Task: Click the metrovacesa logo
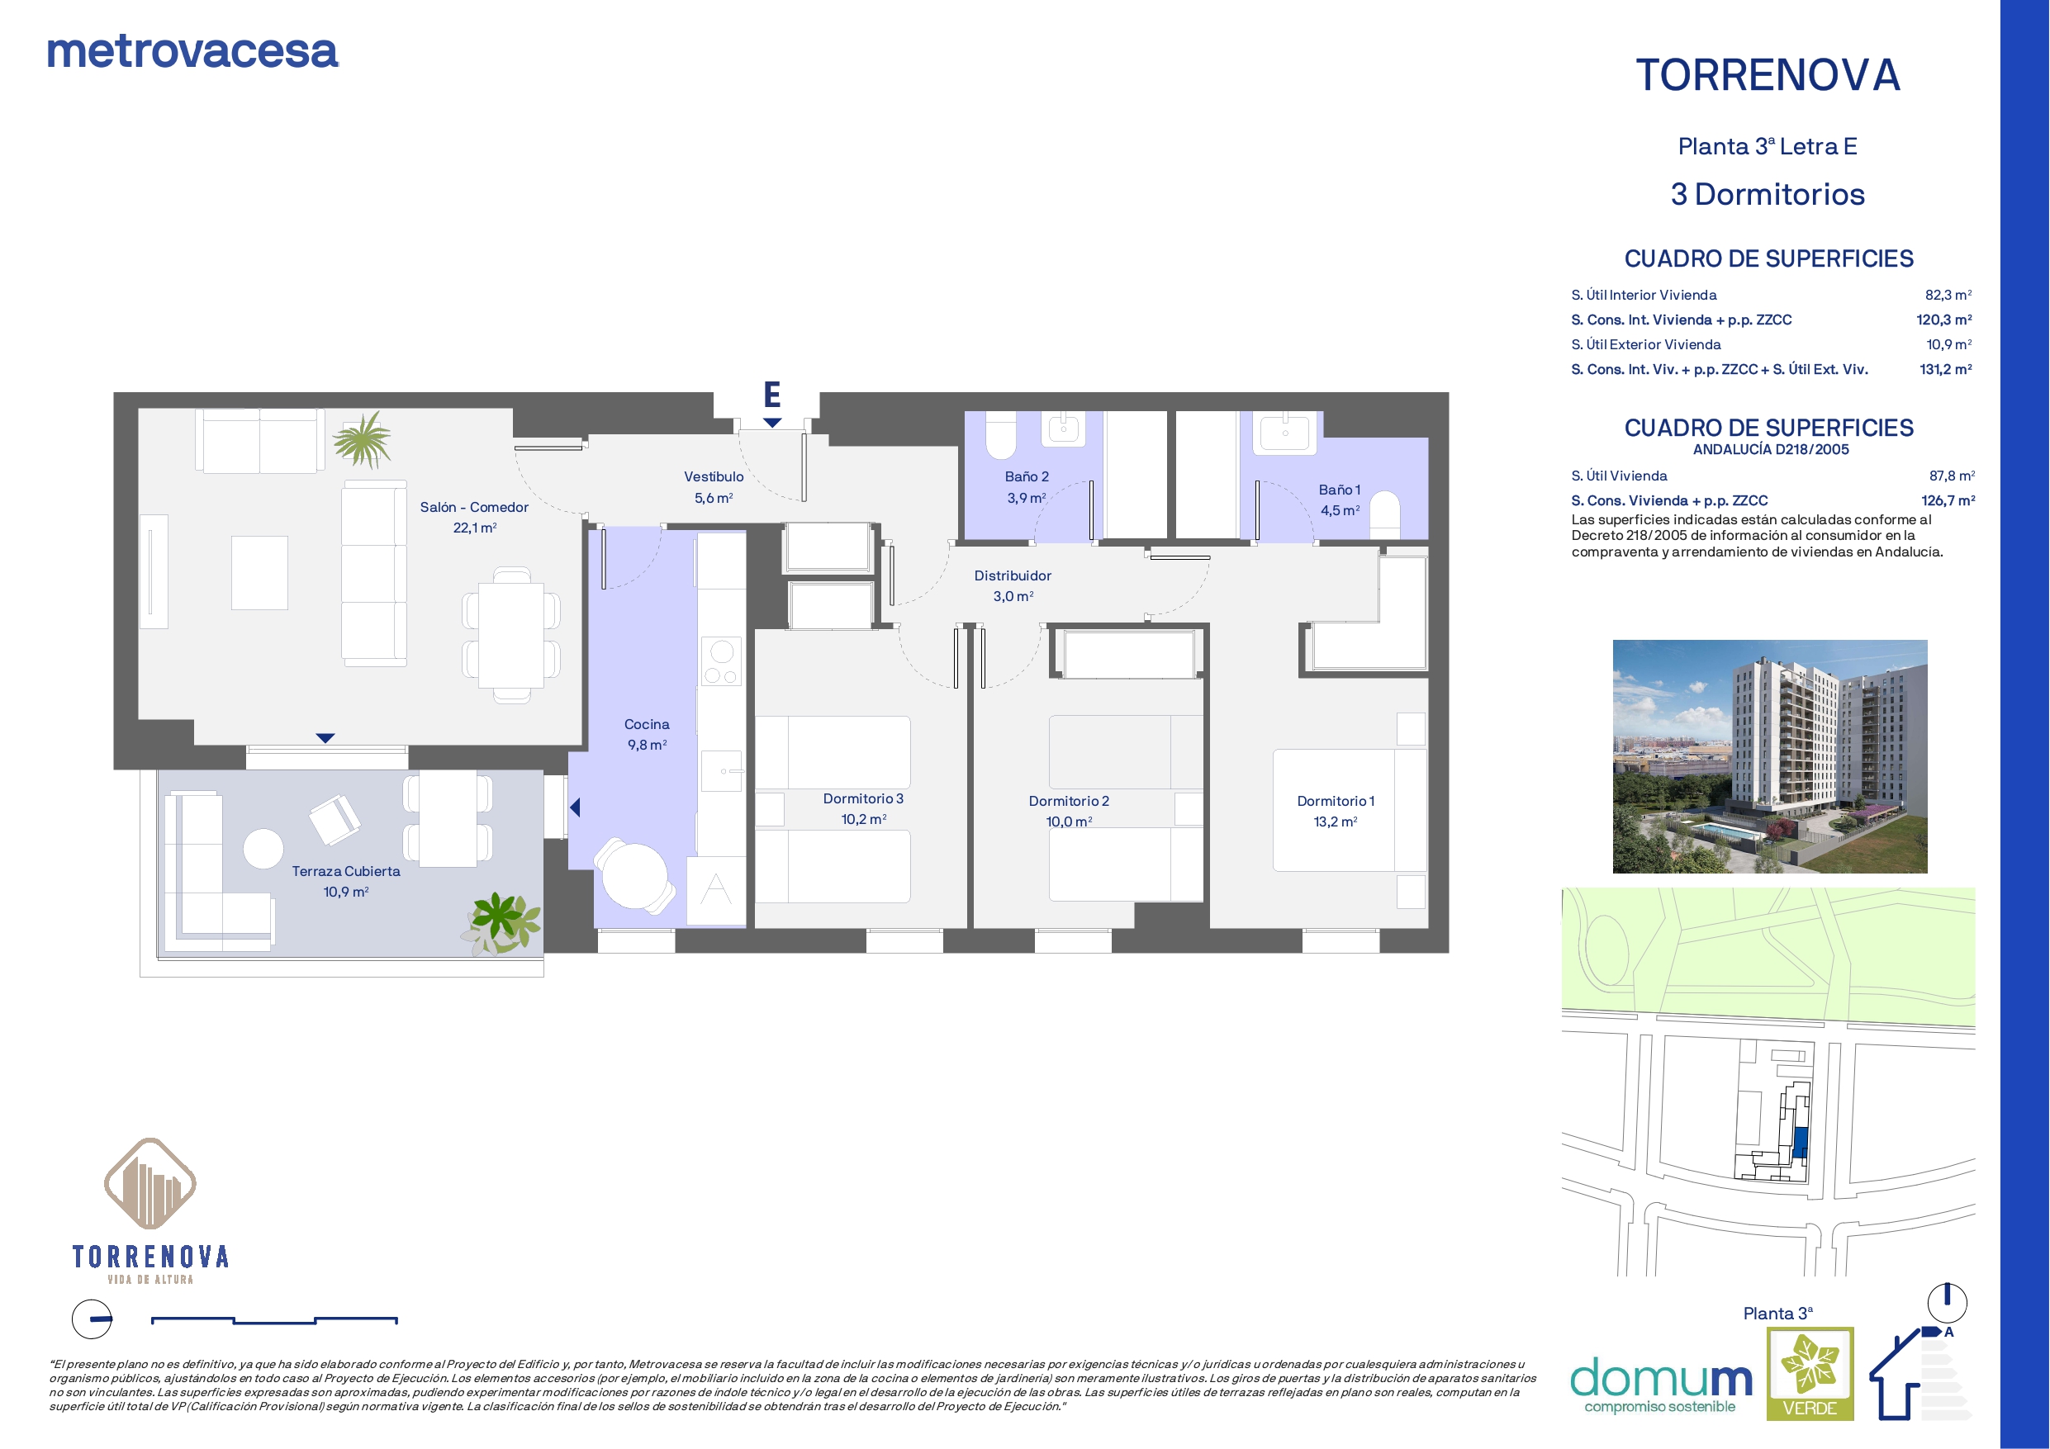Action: coord(192,52)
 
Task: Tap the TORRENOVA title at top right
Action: coord(1767,75)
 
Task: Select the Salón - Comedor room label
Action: coord(474,507)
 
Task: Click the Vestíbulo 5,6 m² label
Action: coord(714,487)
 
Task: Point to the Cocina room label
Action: coord(647,724)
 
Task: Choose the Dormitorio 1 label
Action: coord(1336,801)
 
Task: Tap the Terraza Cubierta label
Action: coord(345,870)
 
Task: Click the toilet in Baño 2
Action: coord(1001,435)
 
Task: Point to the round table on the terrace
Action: coord(263,848)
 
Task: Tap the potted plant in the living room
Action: coord(363,439)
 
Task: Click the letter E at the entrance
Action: coord(772,394)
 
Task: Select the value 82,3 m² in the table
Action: coord(1948,295)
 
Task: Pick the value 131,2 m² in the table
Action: coord(1946,369)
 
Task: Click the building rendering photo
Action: coord(1770,756)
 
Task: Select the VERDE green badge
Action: coord(1810,1373)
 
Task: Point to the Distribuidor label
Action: coord(1013,575)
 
